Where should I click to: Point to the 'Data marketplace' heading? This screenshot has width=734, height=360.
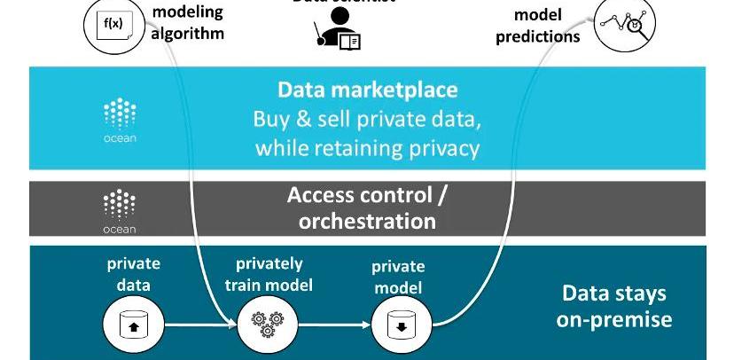click(x=367, y=90)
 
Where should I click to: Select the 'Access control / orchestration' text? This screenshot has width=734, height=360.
click(x=367, y=207)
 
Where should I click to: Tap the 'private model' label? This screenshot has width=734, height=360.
click(x=398, y=277)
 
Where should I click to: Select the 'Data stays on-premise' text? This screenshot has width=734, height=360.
click(x=613, y=306)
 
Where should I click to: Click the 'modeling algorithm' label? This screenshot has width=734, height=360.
click(x=188, y=23)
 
